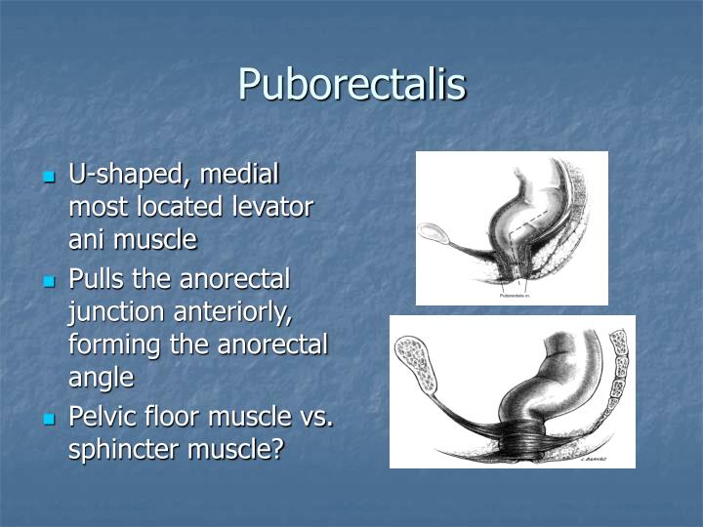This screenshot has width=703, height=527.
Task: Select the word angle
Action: tap(101, 377)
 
